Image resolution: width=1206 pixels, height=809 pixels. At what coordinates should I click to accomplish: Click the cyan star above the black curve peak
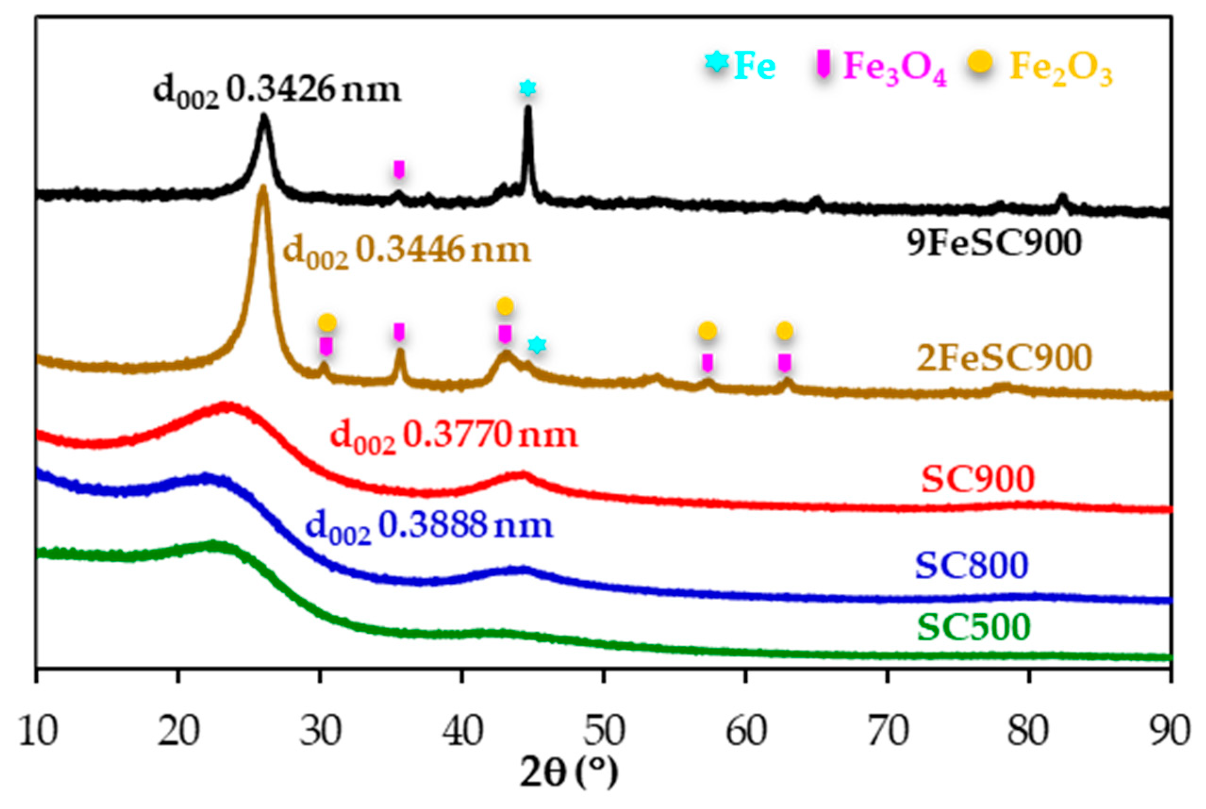527,88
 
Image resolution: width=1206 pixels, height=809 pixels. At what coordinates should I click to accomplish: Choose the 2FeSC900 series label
1004,358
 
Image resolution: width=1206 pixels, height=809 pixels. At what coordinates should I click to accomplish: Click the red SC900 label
978,479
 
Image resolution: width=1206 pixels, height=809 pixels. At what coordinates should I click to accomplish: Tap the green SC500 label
974,627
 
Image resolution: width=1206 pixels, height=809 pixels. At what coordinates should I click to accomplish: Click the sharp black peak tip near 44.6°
528,107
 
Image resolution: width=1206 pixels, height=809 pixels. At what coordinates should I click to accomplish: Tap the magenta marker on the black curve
398,169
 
